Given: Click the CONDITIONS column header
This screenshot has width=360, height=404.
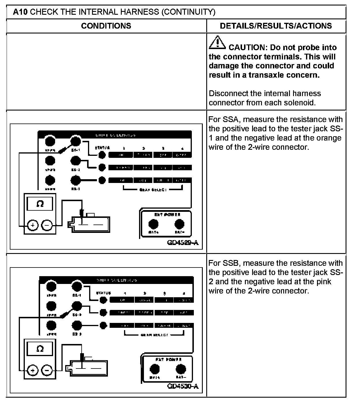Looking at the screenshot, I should click(106, 26).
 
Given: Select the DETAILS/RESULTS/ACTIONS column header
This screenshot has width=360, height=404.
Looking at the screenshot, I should click(276, 26).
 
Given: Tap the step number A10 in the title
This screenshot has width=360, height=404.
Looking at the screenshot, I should click(20, 12).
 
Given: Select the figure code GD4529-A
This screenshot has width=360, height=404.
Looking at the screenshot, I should click(183, 242).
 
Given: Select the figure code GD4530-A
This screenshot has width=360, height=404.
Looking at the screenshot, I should click(183, 386).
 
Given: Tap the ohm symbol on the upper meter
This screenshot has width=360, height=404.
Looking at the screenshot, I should click(40, 204).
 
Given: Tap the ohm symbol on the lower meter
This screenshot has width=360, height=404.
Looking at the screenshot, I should click(40, 349).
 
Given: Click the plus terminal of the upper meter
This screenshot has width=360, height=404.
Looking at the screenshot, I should click(33, 225).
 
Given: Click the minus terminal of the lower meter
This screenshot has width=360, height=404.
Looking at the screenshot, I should click(47, 370).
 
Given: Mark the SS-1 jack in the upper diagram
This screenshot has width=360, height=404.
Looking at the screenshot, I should click(76, 141).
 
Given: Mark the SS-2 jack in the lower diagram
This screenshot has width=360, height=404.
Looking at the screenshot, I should click(77, 306).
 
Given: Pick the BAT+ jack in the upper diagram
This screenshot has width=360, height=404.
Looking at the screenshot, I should click(153, 224).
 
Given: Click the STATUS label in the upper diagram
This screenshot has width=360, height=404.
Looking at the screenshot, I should click(102, 148).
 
